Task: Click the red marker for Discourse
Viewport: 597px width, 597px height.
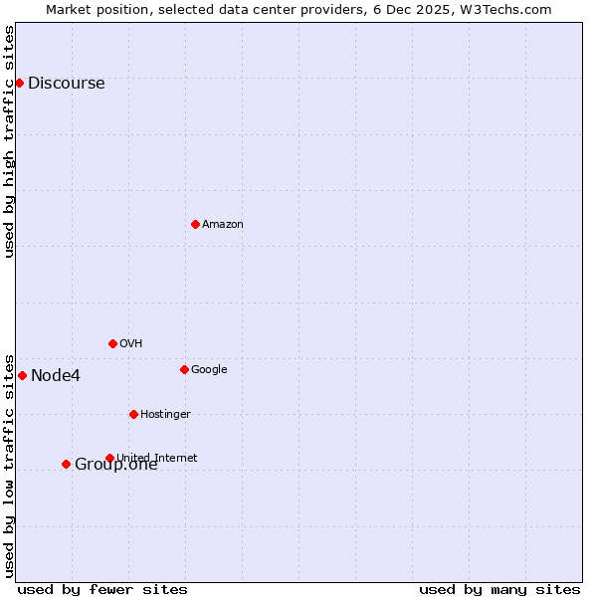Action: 19,83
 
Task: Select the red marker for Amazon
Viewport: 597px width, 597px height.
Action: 195,224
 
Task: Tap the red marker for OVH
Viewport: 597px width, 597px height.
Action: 112,343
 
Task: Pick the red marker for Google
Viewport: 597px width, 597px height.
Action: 184,369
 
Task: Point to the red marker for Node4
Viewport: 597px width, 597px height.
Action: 22,375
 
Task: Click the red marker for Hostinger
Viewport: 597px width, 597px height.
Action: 133,414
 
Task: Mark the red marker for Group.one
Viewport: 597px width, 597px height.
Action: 66,464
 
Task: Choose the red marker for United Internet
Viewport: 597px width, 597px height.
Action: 109,458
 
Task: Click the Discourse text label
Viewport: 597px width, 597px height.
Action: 66,83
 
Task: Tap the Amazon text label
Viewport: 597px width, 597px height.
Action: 222,224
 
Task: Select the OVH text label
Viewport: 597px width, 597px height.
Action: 130,343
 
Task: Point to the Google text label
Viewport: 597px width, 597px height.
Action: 209,369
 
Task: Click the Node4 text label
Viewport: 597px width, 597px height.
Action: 56,375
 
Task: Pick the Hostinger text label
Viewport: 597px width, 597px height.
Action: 165,414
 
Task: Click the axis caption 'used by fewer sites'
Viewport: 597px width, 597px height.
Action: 102,589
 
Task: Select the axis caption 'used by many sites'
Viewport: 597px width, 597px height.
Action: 499,589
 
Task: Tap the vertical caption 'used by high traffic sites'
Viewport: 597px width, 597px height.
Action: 10,141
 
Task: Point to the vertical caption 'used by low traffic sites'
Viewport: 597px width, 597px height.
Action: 10,465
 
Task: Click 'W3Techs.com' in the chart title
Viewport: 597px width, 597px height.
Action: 510,9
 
